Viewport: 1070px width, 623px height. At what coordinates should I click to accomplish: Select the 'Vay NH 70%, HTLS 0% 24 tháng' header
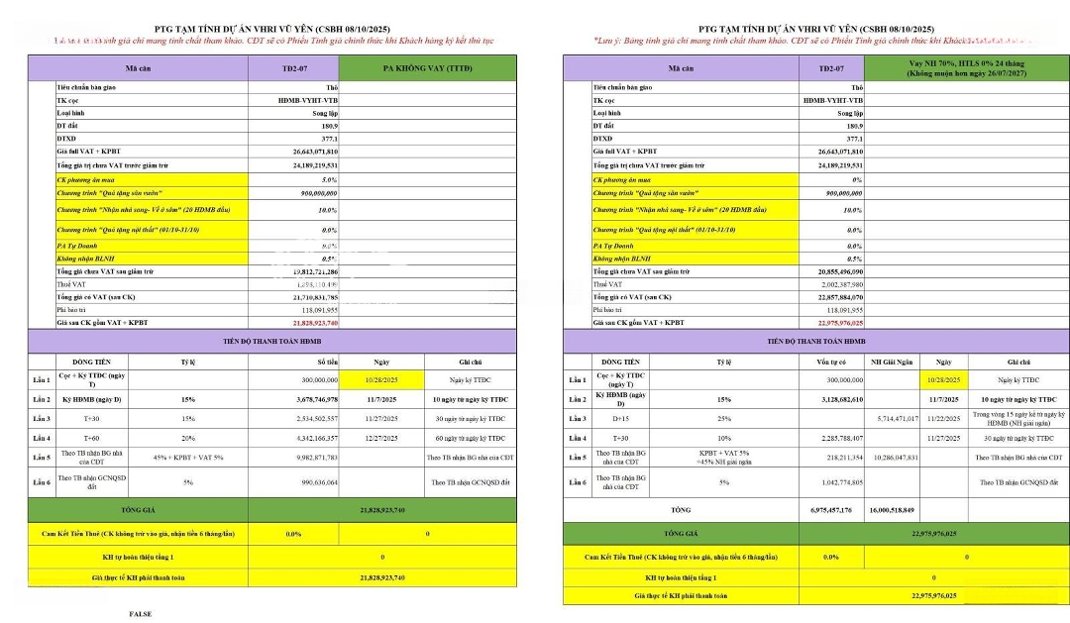tap(966, 63)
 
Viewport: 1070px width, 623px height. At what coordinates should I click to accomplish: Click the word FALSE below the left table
tap(140, 614)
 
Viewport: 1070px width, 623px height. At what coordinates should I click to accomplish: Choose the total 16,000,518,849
tap(892, 509)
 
